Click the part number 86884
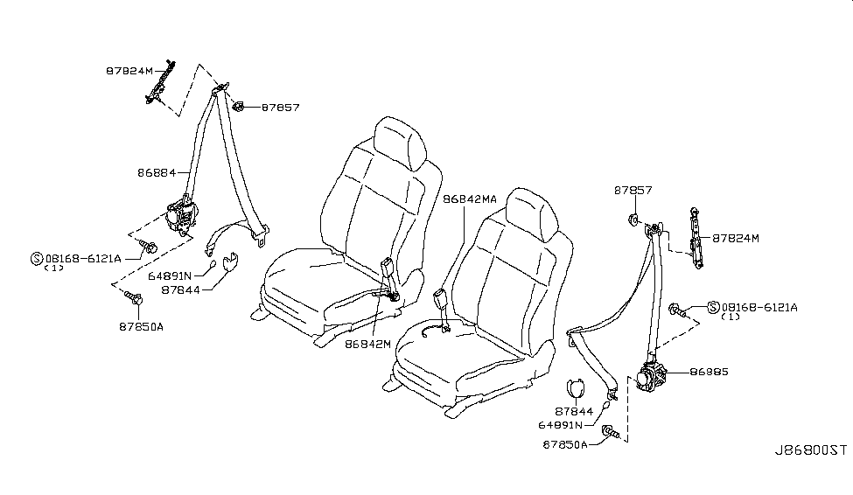156,173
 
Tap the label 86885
709,372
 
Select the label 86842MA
470,199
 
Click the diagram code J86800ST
809,450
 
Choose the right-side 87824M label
736,238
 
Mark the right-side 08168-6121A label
759,307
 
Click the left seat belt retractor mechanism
184,215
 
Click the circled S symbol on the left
37,258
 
